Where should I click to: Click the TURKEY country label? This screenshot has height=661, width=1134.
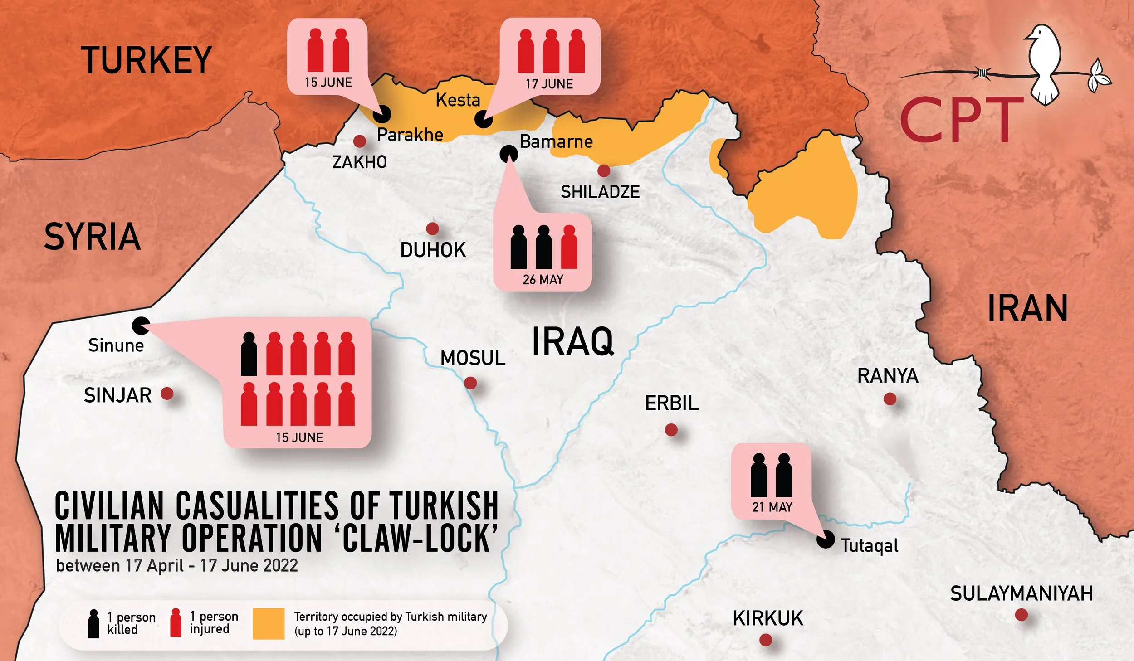(x=147, y=60)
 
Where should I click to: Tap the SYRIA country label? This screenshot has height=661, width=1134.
(x=92, y=237)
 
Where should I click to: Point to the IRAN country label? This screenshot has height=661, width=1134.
(x=1027, y=309)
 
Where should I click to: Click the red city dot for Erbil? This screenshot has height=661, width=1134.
(x=671, y=429)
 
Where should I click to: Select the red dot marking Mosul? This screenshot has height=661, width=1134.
(x=470, y=383)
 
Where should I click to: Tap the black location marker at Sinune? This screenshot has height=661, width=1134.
(x=141, y=325)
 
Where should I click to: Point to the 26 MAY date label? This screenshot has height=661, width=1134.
(x=543, y=280)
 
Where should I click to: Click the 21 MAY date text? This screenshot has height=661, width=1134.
(x=772, y=507)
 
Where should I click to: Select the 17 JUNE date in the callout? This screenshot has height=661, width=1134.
(x=549, y=84)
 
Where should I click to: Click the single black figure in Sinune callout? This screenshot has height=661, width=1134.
(x=249, y=354)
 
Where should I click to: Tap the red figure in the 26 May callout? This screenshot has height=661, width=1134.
(x=569, y=247)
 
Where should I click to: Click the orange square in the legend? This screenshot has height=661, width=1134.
(x=269, y=623)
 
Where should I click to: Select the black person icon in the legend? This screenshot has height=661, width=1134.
(x=93, y=624)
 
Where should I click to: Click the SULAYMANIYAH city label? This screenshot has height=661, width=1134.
(x=1022, y=594)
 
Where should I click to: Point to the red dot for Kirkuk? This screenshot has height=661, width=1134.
(x=766, y=640)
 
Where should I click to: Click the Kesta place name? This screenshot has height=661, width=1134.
(x=458, y=100)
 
